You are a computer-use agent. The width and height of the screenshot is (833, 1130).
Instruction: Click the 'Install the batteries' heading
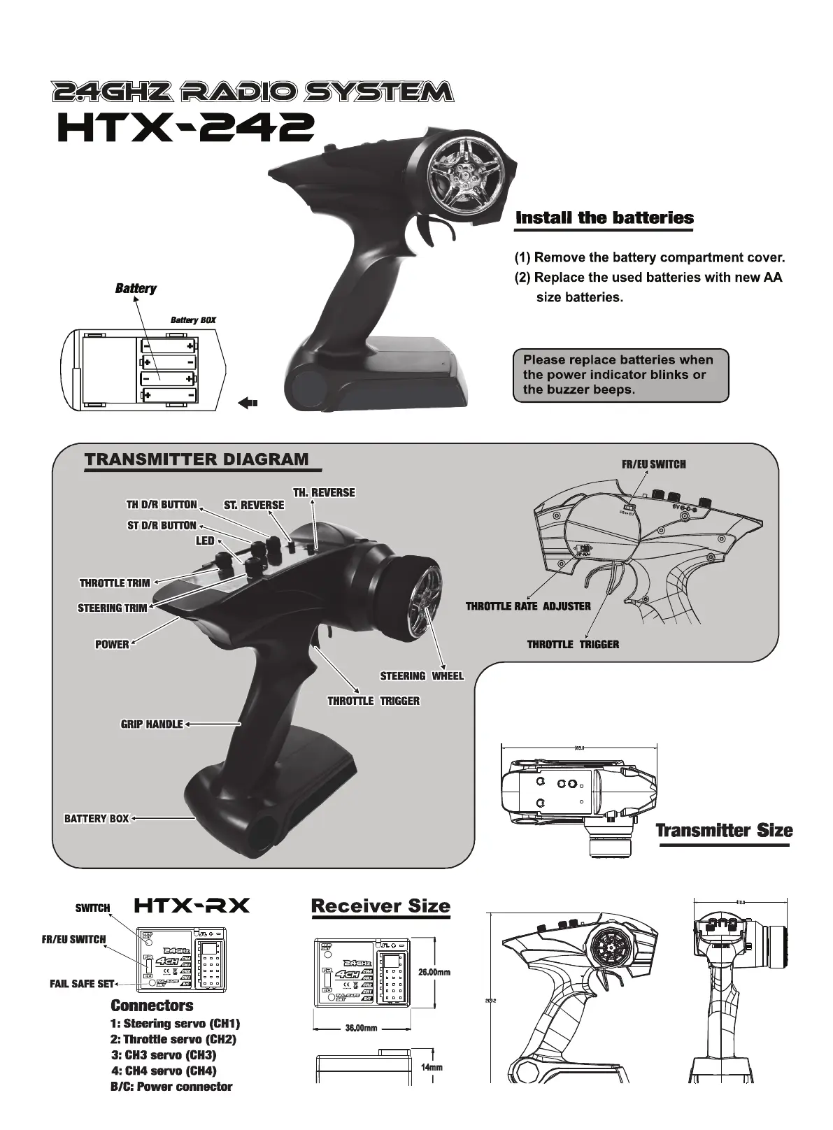pos(604,217)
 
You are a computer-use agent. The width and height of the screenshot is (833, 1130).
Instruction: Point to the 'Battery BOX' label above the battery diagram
pos(193,320)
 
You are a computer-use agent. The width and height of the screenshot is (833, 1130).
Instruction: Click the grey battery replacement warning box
pos(620,375)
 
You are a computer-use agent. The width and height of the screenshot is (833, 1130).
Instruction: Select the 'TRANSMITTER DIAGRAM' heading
pos(197,459)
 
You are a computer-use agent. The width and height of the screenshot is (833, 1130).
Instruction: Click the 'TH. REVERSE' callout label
pos(324,492)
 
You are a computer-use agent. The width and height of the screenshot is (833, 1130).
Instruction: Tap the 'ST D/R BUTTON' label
pos(162,525)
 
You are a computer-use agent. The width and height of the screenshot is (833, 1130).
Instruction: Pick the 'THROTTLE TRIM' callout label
pos(115,582)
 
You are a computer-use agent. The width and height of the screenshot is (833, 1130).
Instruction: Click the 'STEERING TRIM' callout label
pos(113,608)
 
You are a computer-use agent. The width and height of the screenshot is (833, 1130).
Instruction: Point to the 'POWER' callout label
pos(112,644)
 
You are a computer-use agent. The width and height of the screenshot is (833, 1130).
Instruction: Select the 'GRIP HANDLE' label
pos(152,724)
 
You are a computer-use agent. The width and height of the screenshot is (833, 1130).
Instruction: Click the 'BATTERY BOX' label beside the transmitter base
pos(97,818)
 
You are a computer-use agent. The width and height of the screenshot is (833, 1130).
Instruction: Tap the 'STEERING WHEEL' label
pos(422,675)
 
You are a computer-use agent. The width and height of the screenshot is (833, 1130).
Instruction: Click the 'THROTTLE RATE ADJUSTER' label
pos(528,606)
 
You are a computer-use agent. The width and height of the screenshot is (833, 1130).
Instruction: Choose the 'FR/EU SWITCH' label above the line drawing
pos(653,464)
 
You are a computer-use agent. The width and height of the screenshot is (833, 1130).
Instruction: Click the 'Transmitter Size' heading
pos(724,830)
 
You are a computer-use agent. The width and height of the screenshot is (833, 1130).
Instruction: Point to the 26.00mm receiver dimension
pos(434,972)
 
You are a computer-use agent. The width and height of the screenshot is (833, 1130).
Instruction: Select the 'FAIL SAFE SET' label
pos(82,984)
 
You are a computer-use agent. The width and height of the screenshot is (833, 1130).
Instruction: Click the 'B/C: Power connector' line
pos(171,1086)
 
